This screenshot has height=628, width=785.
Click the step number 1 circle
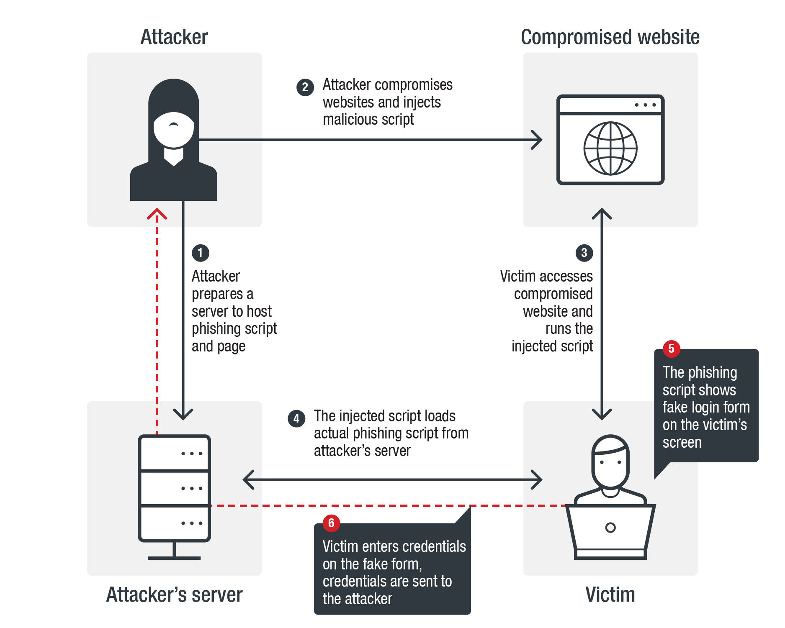coord(200,253)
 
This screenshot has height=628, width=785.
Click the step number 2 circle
coord(305,87)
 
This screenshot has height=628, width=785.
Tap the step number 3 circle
coord(584,253)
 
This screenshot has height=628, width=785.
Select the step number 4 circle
coord(296,418)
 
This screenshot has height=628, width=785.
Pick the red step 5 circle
coord(671,349)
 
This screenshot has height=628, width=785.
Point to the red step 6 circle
coord(331,523)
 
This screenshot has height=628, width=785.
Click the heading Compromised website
coord(610,37)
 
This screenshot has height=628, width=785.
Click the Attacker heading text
coord(174,37)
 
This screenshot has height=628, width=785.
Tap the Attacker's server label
coord(174,595)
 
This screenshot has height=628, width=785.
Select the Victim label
coord(610,595)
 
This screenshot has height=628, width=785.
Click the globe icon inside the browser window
coord(610,148)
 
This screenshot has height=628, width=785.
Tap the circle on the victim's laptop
coord(610,528)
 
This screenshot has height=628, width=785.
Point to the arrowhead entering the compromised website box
coord(537,140)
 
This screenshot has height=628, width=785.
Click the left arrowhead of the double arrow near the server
coord(248,480)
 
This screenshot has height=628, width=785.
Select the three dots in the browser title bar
coord(645,105)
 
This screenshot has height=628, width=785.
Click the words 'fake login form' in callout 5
coord(706,407)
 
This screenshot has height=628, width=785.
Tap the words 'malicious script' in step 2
coord(368,120)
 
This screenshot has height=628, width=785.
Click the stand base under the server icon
coord(174,558)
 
